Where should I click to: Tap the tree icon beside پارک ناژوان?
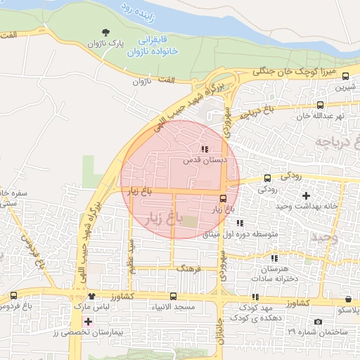click(105, 32)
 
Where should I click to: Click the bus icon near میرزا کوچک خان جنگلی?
click(345, 75)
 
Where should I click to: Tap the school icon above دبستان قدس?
click(205, 149)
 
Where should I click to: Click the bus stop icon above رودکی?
click(267, 178)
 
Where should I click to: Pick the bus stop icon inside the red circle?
click(223, 198)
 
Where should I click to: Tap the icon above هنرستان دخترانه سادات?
click(274, 258)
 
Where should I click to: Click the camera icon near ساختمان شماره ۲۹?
click(318, 321)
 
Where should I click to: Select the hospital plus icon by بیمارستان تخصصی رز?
click(87, 321)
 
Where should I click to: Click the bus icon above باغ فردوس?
click(14, 296)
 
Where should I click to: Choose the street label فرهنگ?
click(189, 269)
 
